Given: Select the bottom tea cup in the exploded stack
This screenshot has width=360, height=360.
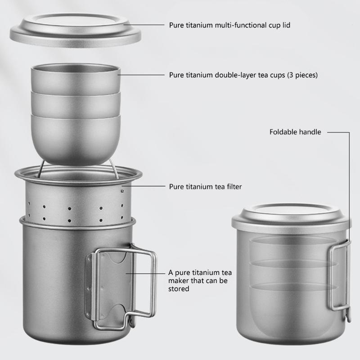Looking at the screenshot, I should [x=76, y=137].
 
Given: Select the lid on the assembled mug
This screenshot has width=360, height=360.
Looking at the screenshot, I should [x=292, y=218].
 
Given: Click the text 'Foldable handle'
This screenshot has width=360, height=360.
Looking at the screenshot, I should [x=295, y=132].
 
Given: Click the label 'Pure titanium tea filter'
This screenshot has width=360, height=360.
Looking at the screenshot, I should [x=206, y=186].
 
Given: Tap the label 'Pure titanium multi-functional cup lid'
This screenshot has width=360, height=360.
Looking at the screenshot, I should [x=229, y=25].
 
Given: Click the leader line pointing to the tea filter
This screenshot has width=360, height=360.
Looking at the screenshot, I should [x=144, y=186].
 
